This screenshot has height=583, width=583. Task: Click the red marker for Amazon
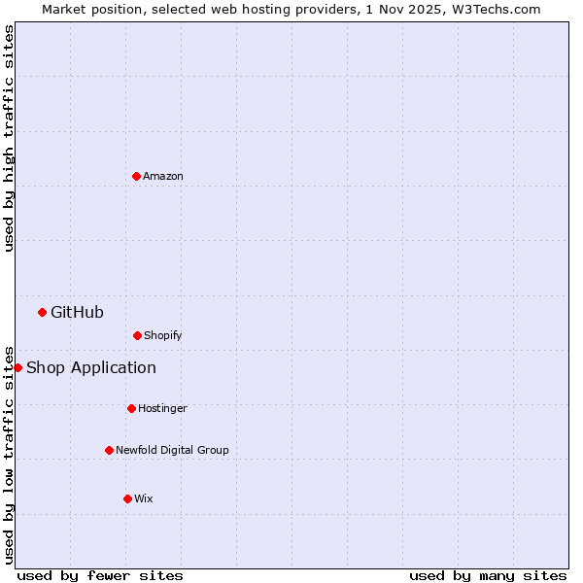click(136, 176)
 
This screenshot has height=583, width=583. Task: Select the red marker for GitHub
click(42, 312)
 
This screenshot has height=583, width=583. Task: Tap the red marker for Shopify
click(137, 335)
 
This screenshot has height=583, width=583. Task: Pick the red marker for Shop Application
click(17, 367)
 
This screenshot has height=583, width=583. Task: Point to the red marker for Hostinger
click(131, 408)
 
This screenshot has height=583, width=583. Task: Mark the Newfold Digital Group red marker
click(109, 450)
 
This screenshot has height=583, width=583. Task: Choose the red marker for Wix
click(127, 498)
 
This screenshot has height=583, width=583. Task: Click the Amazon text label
click(163, 176)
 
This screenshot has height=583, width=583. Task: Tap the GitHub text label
click(77, 312)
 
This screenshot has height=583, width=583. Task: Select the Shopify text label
click(163, 335)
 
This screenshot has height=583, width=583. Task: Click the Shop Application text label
click(91, 367)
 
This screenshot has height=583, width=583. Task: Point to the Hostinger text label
click(162, 408)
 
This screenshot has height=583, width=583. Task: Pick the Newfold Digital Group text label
click(172, 450)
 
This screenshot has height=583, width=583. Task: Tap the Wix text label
click(144, 498)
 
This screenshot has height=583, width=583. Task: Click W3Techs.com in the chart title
click(495, 9)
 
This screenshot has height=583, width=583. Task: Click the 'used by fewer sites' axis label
click(100, 575)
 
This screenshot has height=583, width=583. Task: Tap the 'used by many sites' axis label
click(488, 575)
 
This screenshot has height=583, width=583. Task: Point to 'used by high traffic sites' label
click(9, 138)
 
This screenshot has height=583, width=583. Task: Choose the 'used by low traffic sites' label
click(9, 454)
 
